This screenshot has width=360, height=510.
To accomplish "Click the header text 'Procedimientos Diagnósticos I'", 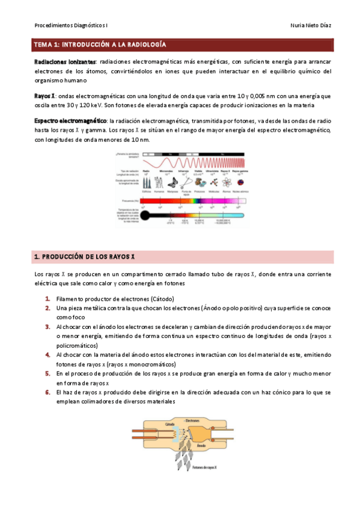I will point(72,26).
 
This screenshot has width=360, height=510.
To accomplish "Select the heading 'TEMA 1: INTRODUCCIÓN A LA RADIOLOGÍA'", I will point(100,45).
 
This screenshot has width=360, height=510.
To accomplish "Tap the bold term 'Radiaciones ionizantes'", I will point(64,62).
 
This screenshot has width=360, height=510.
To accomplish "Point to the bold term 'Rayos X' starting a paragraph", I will point(45,96).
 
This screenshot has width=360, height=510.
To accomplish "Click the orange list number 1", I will point(47,299).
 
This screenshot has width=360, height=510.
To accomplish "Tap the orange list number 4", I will point(47,355).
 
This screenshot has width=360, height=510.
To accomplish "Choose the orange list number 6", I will point(47,392).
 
